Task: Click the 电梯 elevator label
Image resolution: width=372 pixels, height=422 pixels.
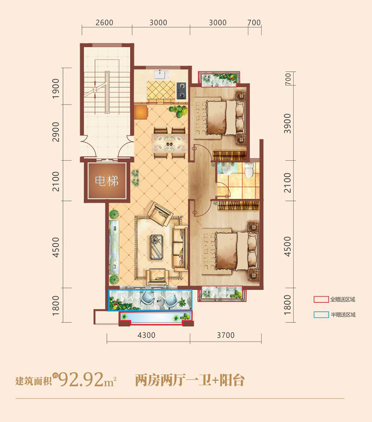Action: [x=107, y=180]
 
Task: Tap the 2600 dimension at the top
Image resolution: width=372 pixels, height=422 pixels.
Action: [x=104, y=23]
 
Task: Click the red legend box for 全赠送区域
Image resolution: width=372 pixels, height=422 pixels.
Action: [x=320, y=300]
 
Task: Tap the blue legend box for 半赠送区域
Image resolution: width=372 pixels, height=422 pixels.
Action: [x=320, y=315]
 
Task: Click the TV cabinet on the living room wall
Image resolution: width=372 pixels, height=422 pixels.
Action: [x=113, y=246]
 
